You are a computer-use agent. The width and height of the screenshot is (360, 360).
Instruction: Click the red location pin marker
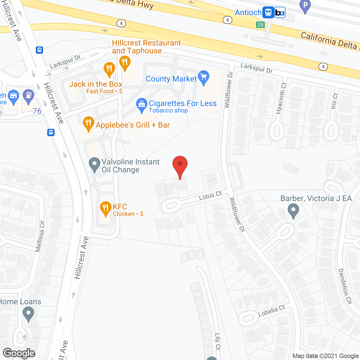(x=180, y=165)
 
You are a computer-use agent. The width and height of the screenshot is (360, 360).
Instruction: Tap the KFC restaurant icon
(x=105, y=208)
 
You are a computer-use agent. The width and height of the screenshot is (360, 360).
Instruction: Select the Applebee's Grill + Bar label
(x=133, y=125)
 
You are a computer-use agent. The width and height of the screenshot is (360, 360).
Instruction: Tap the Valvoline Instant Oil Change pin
(x=94, y=164)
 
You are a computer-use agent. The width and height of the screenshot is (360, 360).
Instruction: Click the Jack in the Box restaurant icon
(x=109, y=69)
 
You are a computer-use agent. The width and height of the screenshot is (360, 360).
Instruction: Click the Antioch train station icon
(x=268, y=12)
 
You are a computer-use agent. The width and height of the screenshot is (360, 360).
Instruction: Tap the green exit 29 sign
(x=260, y=25)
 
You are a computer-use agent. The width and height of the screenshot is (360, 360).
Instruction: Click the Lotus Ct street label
(x=210, y=195)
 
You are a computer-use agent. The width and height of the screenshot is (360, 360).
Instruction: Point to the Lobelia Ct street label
(x=272, y=311)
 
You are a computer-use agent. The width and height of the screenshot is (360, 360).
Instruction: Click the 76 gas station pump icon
(x=28, y=96)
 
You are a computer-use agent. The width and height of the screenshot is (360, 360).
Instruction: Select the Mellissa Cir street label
(x=40, y=236)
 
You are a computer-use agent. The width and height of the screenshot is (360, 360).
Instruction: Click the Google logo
(x=19, y=353)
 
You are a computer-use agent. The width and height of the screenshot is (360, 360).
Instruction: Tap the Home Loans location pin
(x=28, y=314)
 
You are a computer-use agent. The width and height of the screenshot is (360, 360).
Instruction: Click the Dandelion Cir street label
(x=345, y=286)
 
